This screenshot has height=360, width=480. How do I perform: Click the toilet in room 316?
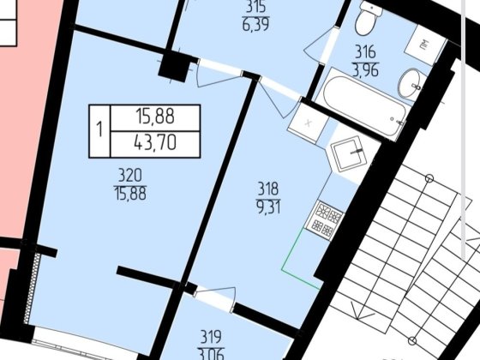tap(367, 19)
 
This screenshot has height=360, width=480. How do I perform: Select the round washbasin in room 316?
tap(411, 83)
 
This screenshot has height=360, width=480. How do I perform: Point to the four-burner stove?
tap(325, 219)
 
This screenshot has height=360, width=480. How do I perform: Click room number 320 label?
tap(130, 176)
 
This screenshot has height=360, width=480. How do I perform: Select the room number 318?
tap(268, 189)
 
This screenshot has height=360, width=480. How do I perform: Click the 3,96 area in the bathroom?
tap(366, 70)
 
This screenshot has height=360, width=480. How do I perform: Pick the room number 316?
tap(365, 51)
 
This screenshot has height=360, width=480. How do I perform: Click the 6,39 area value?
tap(256, 25)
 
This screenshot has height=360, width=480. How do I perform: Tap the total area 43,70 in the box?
tap(155, 143)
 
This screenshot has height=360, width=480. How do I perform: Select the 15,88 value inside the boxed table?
tap(155, 117)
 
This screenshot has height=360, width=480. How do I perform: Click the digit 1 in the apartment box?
tap(99, 129)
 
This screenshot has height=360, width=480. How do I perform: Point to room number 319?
tap(211, 337)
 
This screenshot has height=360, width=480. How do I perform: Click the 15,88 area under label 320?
tap(130, 194)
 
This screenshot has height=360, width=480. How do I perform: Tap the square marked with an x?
tap(308, 123)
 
